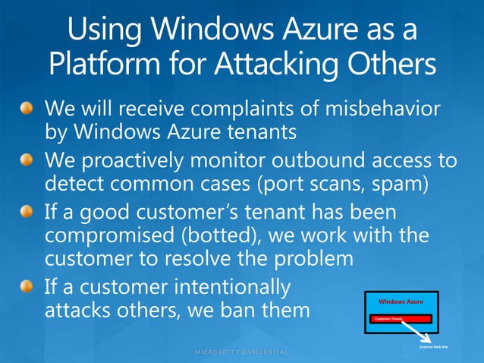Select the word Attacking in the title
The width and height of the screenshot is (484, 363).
[x=280, y=63]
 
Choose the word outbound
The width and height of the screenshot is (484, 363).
[x=325, y=161]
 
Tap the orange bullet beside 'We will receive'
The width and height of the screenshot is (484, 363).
[x=27, y=108]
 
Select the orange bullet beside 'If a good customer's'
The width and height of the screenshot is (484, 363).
[x=27, y=213]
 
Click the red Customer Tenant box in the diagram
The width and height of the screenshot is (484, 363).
[x=400, y=319]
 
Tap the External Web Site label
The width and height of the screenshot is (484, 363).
[x=435, y=347]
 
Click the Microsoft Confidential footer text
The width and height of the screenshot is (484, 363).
[x=242, y=352]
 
